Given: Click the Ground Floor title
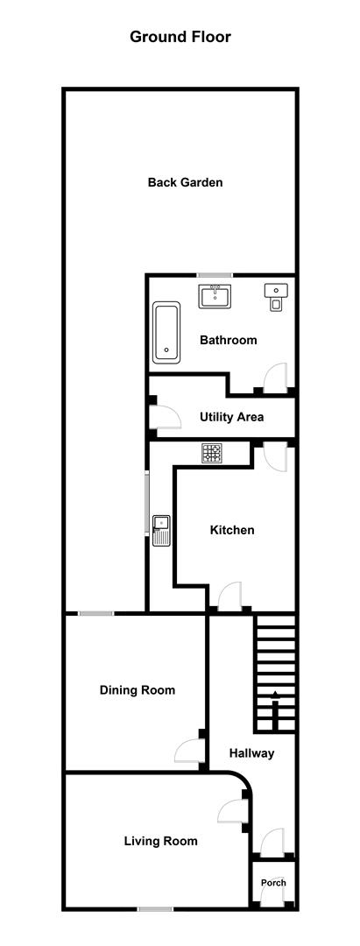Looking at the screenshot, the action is coord(180,37).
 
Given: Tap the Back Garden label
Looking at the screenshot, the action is coord(185,182).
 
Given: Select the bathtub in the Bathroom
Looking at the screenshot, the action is coord(166,333).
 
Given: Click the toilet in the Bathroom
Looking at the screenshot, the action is coord(274,298).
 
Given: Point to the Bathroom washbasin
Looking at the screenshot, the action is coord(213,296).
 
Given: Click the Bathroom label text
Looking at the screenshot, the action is coord(229,340).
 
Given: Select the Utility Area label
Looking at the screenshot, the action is coord(231,417).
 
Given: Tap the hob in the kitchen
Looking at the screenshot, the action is coord(212,453).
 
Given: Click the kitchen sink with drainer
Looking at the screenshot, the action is coord(161,530).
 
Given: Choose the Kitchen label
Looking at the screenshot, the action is coord(232,530).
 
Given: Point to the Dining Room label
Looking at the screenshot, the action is coord(138,690).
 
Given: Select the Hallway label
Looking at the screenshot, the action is coord(251,753).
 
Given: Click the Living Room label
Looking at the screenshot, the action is coord(161,841).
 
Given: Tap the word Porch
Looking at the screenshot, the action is coord(273,883).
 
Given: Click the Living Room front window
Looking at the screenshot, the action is coord(155,909).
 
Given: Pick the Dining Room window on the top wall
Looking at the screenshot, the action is coord(95,613).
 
